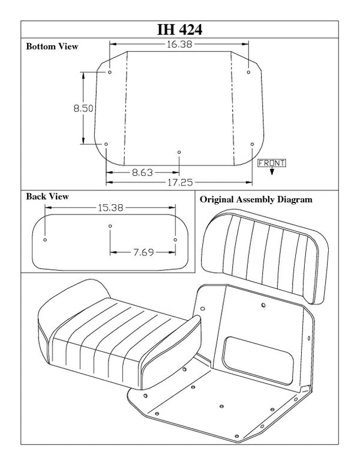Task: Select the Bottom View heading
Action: [x=52, y=46]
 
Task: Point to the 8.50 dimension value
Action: [x=83, y=108]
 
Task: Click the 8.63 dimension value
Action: [x=142, y=172]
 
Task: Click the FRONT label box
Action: [x=271, y=163]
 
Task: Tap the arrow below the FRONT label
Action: [x=272, y=171]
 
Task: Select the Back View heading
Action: [x=47, y=196]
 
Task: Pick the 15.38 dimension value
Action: [x=110, y=208]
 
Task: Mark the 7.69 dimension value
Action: [x=142, y=253]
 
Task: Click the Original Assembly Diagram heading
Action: [x=256, y=199]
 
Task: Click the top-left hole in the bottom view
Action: [x=110, y=73]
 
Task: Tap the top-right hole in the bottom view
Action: [x=248, y=73]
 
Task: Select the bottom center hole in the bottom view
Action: [x=179, y=152]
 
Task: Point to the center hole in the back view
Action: [x=110, y=226]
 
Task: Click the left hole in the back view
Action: [x=46, y=240]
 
